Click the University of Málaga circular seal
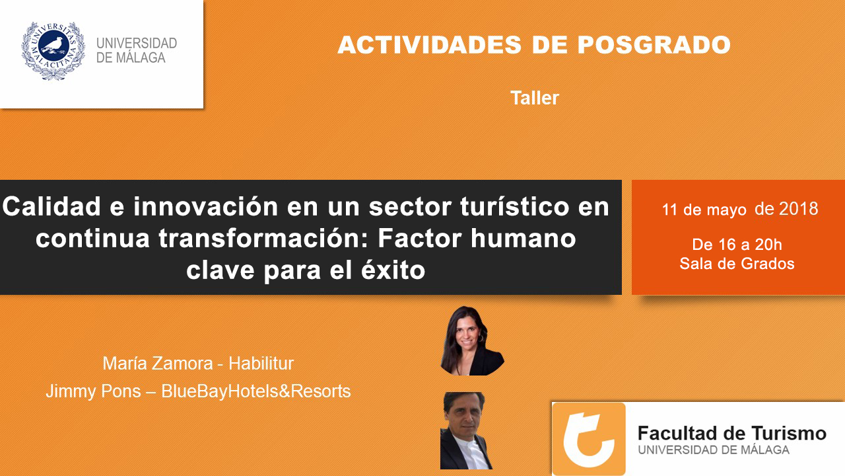tap(53, 51)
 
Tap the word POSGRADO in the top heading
tap(654, 45)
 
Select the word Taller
tap(535, 99)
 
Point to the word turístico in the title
tap(514, 206)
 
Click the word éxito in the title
tap(393, 270)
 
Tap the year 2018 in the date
tap(799, 209)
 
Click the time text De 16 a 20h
tap(737, 245)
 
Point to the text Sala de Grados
tap(737, 264)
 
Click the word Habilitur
tap(261, 364)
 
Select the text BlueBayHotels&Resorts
tap(255, 391)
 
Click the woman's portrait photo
tap(471, 340)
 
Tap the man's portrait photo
tap(466, 430)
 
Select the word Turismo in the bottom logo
tap(788, 433)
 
